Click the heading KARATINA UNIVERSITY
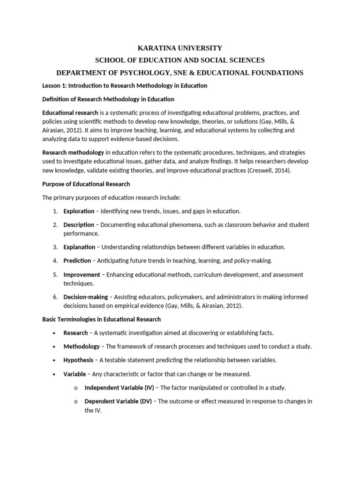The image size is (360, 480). [180, 48]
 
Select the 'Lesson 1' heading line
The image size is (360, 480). [125, 86]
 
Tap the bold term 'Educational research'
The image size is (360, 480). [70, 113]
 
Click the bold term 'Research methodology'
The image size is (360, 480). [73, 152]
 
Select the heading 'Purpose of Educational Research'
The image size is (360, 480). [86, 184]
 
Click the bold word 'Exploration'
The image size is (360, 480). [79, 211]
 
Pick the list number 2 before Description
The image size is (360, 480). [55, 225]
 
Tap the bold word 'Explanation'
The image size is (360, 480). [79, 247]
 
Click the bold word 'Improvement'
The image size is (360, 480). [82, 274]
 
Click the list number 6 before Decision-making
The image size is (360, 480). [55, 297]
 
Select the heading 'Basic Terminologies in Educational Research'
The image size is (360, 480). [102, 319]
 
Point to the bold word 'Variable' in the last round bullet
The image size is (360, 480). [75, 374]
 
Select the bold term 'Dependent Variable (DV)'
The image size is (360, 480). [118, 401]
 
